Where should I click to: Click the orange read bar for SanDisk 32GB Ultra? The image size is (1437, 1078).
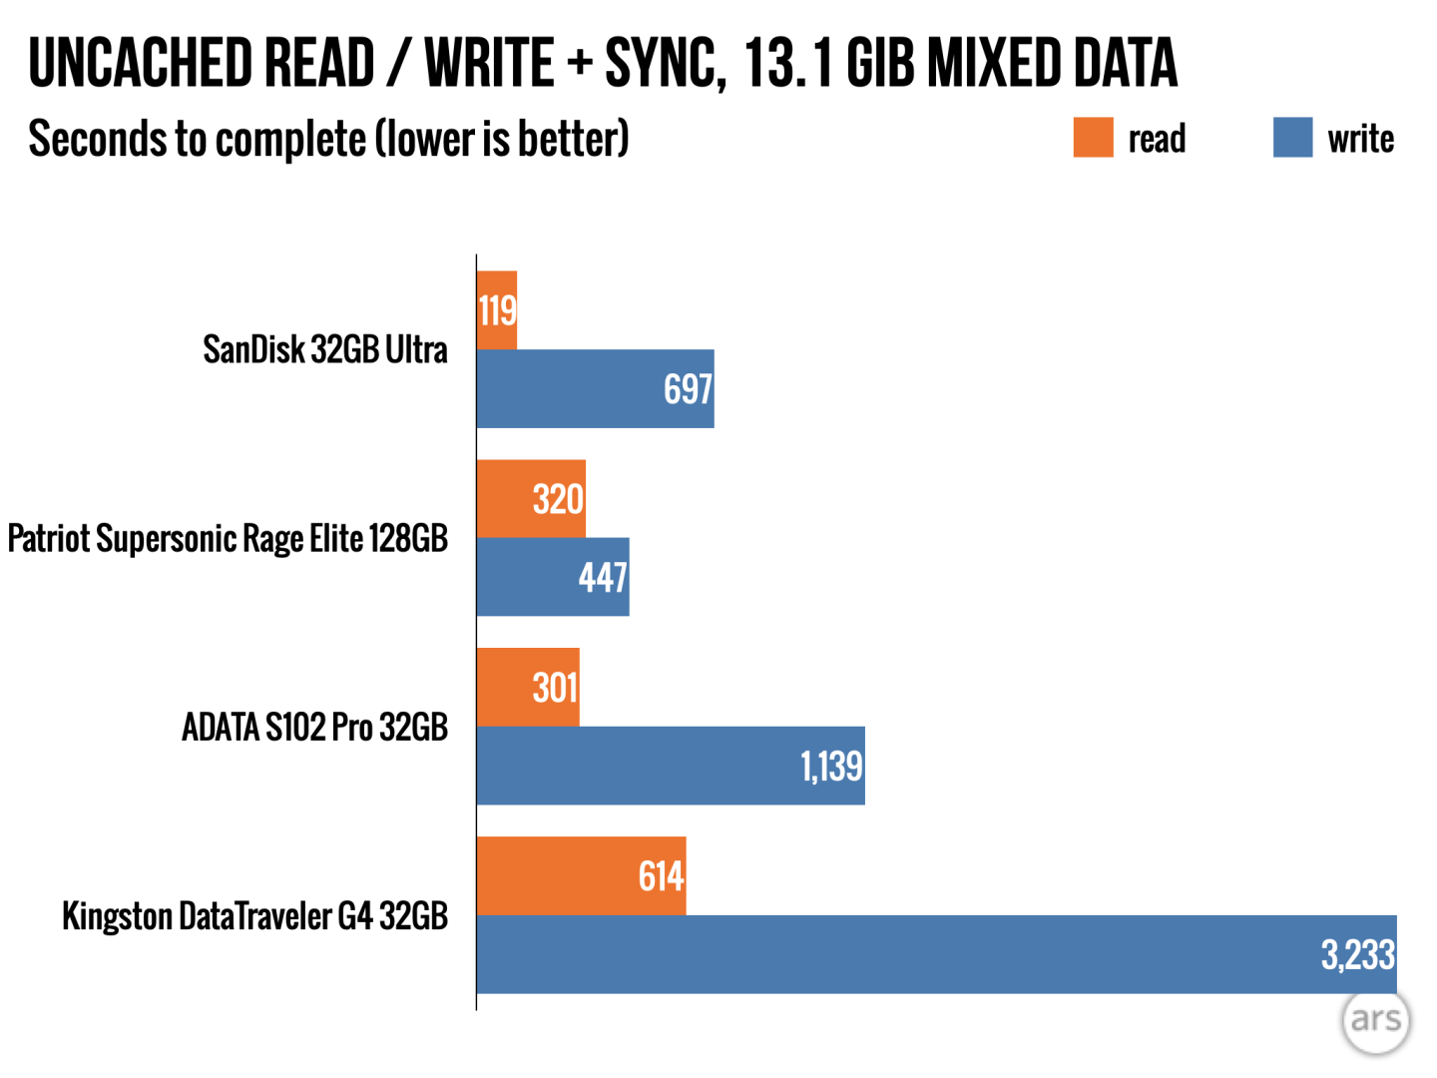pos(496,310)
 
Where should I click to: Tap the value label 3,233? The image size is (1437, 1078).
pos(1357,955)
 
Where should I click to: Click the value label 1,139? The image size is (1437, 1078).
pos(831,767)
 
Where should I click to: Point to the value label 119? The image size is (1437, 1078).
pos(497,311)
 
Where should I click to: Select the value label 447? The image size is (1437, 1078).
pos(603,578)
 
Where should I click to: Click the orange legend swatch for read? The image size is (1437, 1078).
pos(1093,138)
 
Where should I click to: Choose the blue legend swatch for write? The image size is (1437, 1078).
pos(1292,138)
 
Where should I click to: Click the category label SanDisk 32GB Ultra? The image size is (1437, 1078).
pos(325,349)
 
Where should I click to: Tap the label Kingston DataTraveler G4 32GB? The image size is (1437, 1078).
pos(254,915)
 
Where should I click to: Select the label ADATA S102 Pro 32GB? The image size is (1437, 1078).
pos(314,727)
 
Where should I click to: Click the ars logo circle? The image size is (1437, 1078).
pos(1376,1020)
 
